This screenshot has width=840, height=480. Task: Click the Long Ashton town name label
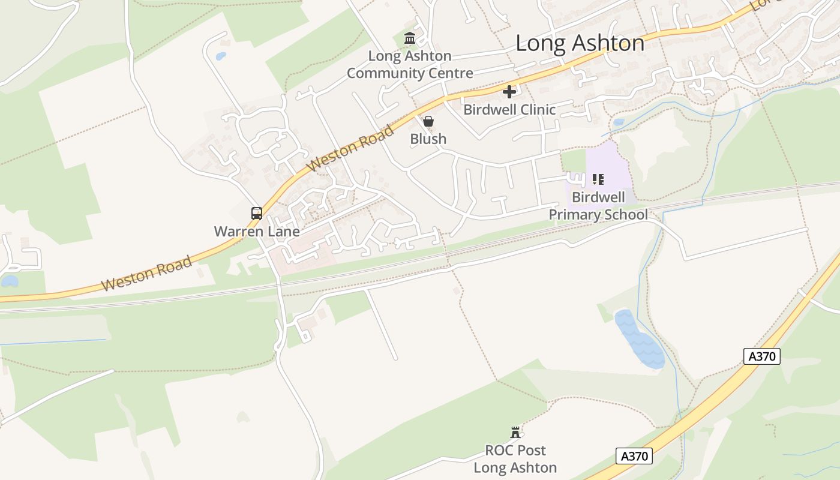click(x=580, y=43)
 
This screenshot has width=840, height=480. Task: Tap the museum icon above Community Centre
click(x=410, y=39)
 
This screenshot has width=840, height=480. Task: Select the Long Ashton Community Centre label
click(x=410, y=65)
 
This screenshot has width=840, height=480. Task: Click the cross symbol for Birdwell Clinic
click(x=509, y=92)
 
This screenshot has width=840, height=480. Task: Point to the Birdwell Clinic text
click(x=509, y=110)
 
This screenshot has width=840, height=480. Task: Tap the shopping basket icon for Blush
click(x=428, y=121)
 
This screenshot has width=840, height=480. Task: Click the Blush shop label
click(x=428, y=139)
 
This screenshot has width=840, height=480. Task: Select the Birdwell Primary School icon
click(x=598, y=179)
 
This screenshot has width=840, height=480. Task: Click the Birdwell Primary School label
click(x=598, y=206)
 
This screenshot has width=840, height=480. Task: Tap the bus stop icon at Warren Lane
click(x=257, y=213)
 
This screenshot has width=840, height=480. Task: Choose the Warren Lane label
click(x=257, y=231)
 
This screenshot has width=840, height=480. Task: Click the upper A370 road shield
click(x=762, y=356)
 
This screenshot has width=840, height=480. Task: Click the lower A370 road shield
click(x=634, y=456)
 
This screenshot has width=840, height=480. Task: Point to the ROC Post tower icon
click(x=515, y=432)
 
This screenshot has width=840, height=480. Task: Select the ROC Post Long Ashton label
click(x=515, y=459)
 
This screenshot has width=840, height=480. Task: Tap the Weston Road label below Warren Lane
click(x=147, y=273)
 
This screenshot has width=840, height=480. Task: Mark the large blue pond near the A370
click(x=640, y=340)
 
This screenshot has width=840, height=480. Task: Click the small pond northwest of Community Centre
click(x=221, y=56)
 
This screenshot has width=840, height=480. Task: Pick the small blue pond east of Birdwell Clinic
click(x=619, y=122)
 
